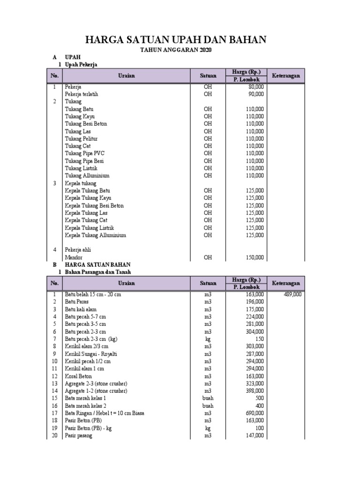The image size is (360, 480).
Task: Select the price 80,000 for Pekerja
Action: click(x=255, y=87)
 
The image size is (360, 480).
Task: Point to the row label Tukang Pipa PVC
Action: click(x=84, y=153)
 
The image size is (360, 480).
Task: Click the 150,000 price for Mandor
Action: click(x=255, y=257)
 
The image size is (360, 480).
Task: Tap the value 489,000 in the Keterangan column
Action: click(x=292, y=294)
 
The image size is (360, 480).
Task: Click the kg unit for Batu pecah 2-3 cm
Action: click(x=208, y=339)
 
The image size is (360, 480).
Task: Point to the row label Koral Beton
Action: click(x=78, y=376)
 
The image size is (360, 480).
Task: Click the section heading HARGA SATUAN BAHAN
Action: click(x=97, y=265)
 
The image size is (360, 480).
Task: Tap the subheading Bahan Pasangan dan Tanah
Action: click(x=97, y=272)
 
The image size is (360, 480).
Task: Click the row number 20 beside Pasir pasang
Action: click(x=54, y=435)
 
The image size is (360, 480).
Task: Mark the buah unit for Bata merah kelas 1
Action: click(x=208, y=398)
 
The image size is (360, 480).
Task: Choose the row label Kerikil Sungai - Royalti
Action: click(x=91, y=354)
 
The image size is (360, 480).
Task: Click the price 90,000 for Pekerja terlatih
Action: click(x=255, y=94)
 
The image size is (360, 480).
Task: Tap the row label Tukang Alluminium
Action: click(x=87, y=176)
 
